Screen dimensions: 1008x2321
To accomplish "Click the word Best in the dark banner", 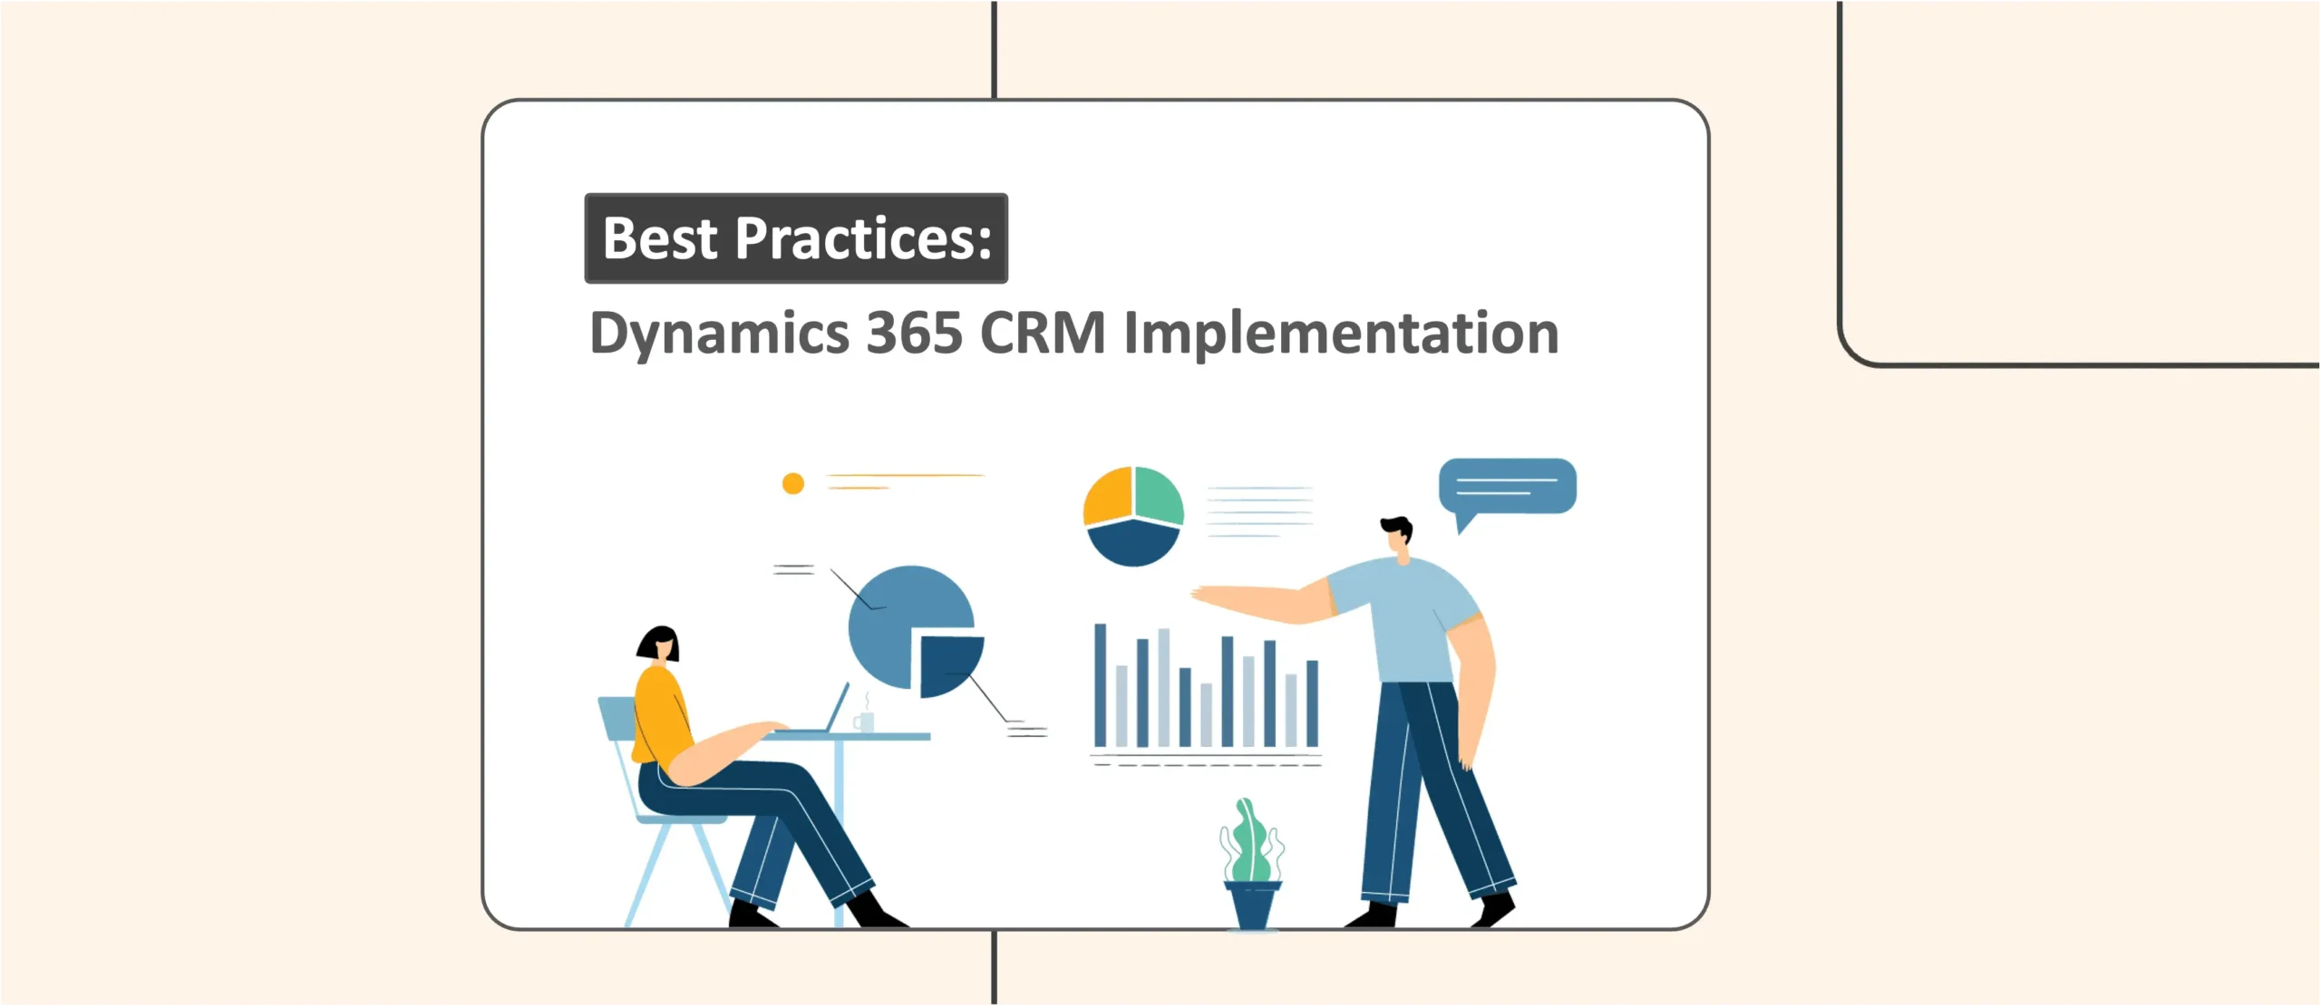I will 660,238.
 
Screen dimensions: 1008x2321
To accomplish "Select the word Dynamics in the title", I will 719,334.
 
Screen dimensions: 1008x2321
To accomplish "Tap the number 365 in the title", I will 914,333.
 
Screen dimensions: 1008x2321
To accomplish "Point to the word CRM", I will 1043,333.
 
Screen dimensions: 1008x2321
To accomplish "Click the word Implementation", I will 1340,334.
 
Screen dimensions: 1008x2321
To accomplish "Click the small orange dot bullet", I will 793,483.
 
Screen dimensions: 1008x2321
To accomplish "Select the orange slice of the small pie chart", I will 1108,496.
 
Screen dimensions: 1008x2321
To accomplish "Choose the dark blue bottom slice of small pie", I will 1132,543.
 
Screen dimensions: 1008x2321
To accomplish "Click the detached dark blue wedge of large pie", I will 947,664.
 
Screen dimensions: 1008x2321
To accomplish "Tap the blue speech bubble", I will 1507,487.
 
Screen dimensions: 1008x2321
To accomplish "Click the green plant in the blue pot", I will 1251,843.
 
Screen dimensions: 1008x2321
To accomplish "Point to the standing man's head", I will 1398,535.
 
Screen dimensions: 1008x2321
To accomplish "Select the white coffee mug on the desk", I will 865,722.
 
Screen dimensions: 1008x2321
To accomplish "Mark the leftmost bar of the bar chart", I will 1100,684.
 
